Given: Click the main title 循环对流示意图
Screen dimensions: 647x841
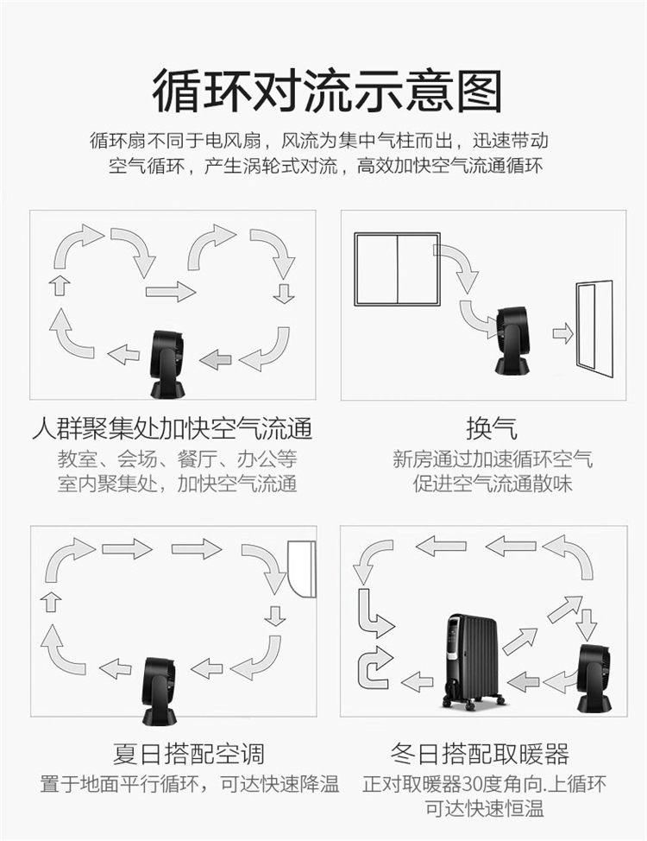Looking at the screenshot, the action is (327, 91).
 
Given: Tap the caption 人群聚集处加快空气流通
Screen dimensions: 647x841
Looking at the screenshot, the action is (172, 428).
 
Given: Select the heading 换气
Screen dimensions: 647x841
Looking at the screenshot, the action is (492, 428).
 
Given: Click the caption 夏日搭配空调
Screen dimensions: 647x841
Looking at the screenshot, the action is (188, 754).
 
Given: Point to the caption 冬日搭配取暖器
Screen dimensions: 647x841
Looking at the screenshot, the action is (480, 754).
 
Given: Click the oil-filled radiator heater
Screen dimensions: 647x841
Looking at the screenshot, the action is (471, 661).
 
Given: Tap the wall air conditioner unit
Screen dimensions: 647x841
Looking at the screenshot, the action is (302, 568).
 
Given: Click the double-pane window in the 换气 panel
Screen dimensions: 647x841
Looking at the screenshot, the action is (397, 269).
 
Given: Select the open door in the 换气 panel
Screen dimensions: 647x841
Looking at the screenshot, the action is (594, 327).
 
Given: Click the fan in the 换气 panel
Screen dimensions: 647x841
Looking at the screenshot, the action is (512, 340).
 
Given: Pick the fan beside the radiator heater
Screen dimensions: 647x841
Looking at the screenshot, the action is (594, 679).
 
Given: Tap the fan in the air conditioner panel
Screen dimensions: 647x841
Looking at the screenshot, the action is (160, 691).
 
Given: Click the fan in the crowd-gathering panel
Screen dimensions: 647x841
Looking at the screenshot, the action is (167, 364).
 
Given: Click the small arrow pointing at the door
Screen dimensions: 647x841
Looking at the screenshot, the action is (562, 333).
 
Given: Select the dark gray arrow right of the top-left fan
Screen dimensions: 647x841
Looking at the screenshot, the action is (216, 359).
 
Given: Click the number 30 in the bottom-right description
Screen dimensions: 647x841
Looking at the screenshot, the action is (474, 784).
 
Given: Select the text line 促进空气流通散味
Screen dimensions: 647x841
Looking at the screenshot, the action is (492, 484).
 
